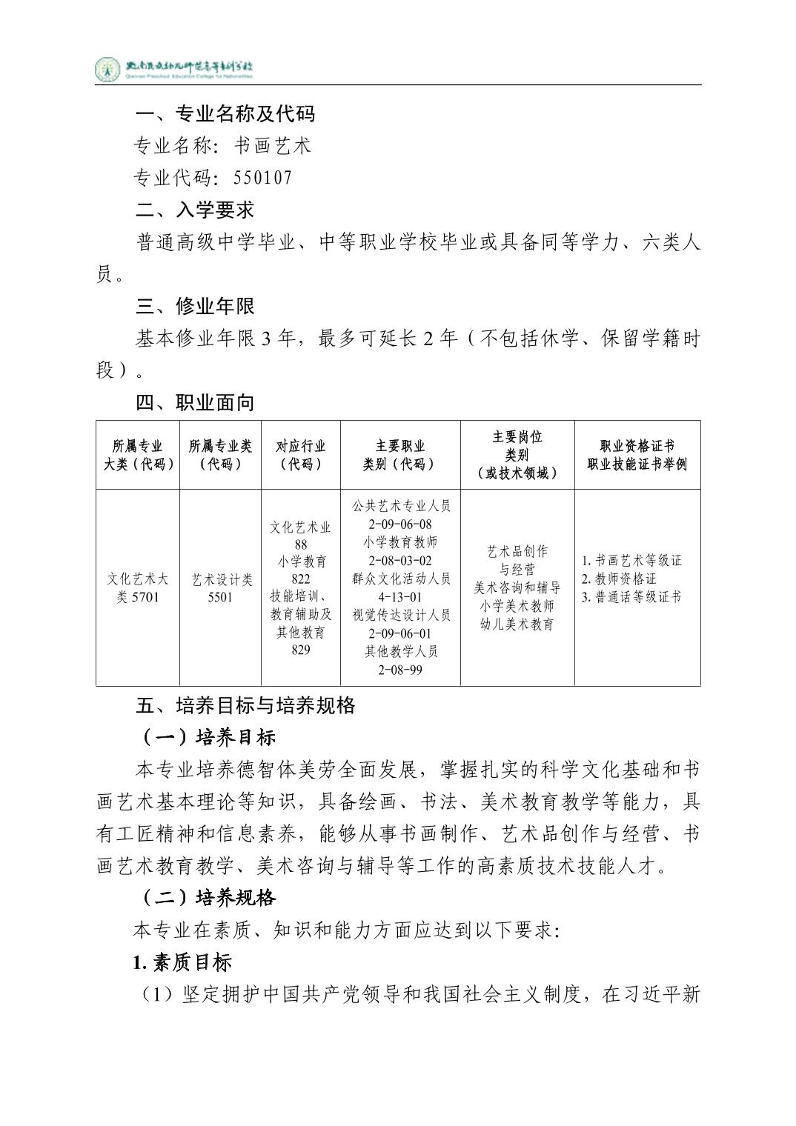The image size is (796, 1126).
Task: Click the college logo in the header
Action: point(107,70)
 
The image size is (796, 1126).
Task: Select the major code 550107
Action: point(262,178)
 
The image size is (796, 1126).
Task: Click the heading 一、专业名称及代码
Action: point(225,113)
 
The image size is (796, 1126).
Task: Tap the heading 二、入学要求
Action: point(195,210)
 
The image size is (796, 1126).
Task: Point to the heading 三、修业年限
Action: point(195,306)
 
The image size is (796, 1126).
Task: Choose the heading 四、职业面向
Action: point(195,402)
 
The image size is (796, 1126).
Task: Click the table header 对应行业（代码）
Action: point(301,455)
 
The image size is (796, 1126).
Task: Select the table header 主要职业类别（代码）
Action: point(400,455)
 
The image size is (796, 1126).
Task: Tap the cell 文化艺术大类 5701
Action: point(138,588)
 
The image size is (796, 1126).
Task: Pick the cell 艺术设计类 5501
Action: point(221,588)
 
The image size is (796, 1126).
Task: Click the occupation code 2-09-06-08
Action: point(400,524)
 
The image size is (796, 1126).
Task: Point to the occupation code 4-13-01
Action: point(400,597)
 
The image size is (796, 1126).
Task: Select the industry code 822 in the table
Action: point(301,579)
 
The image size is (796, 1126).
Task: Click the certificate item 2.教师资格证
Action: point(620,579)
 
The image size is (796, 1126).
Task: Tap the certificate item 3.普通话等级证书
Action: point(631,597)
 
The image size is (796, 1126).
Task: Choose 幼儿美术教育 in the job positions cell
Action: point(517,624)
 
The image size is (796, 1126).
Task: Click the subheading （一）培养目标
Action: point(209,737)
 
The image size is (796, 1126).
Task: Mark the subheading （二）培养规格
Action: point(209,898)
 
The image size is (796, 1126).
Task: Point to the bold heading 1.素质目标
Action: point(182,962)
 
